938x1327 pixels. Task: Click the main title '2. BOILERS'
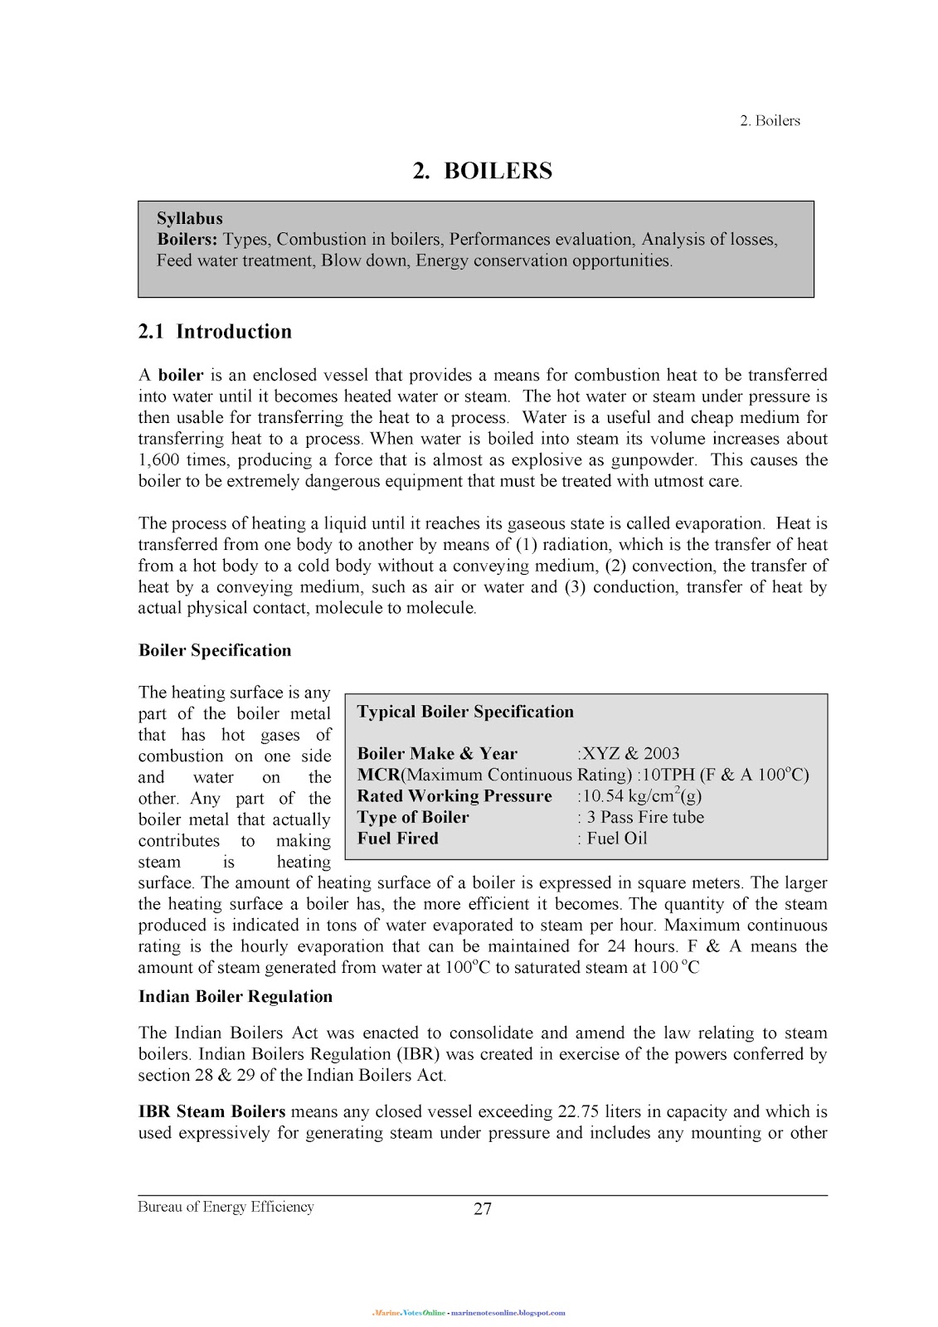(x=483, y=171)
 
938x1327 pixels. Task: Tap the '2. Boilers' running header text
(x=769, y=121)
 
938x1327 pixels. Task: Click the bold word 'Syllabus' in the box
(x=190, y=219)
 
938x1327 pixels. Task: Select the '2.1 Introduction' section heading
(x=215, y=332)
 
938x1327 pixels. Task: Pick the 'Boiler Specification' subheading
(x=215, y=650)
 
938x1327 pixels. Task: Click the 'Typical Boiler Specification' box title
(x=465, y=712)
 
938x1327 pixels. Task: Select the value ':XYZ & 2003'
(x=628, y=754)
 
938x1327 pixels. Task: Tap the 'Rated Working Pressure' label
(x=454, y=796)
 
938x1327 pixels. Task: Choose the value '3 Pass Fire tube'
(x=644, y=817)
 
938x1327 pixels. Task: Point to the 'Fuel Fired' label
(x=397, y=838)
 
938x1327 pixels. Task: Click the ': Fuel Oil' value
(x=612, y=838)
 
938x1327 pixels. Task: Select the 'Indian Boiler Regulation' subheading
(x=236, y=997)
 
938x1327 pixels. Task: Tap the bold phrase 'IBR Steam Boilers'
(x=211, y=1112)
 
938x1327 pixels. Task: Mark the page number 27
(x=483, y=1209)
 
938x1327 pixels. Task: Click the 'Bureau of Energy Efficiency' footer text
(x=226, y=1208)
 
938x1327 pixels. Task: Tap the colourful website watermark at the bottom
(x=469, y=1313)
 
